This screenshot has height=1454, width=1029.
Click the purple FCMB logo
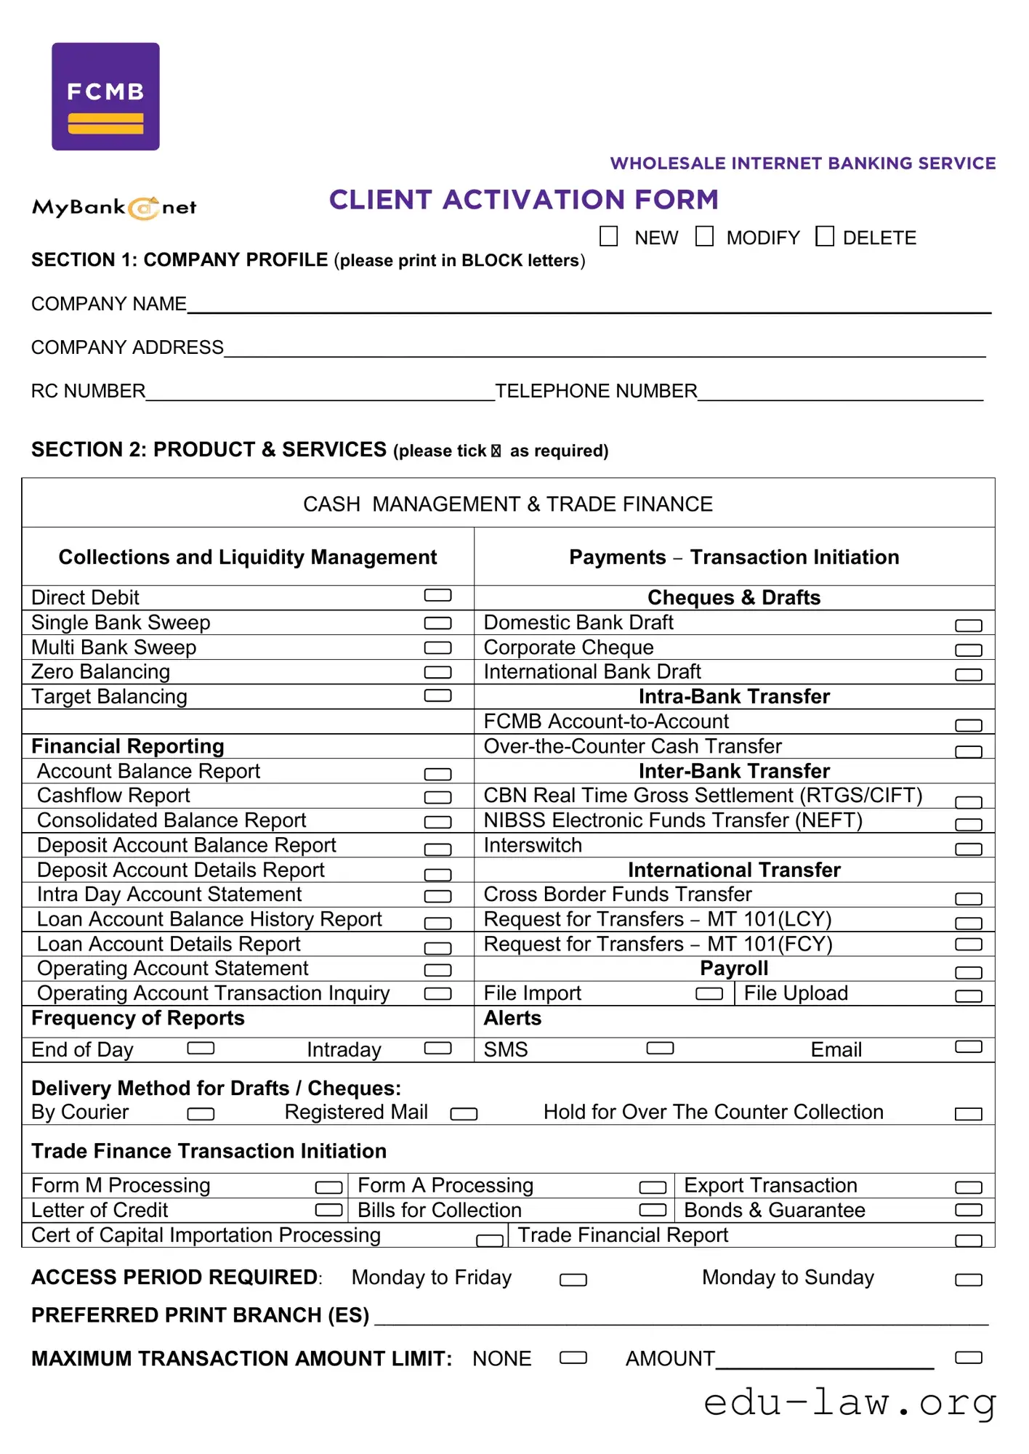[x=105, y=97]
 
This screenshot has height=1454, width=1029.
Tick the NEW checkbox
[x=608, y=236]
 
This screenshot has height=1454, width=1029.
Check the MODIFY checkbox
[x=704, y=236]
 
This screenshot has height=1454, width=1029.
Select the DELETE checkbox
[x=824, y=236]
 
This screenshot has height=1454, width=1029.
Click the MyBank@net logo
[x=114, y=208]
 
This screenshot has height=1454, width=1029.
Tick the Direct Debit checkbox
[x=437, y=596]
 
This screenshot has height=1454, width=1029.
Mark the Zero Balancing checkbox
[x=437, y=672]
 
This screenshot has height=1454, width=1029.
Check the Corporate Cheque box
[x=968, y=650]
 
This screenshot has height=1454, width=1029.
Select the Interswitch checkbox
[x=968, y=849]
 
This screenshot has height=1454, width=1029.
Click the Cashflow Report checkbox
[x=437, y=797]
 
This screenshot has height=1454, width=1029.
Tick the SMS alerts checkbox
[x=660, y=1048]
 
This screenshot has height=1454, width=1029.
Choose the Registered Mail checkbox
[x=464, y=1114]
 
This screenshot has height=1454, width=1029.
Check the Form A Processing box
[x=653, y=1187]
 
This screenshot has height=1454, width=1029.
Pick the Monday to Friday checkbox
[x=573, y=1280]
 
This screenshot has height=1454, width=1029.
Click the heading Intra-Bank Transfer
[x=734, y=696]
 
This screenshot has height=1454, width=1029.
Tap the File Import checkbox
[x=709, y=993]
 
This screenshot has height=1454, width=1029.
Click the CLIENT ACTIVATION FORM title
[x=523, y=200]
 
